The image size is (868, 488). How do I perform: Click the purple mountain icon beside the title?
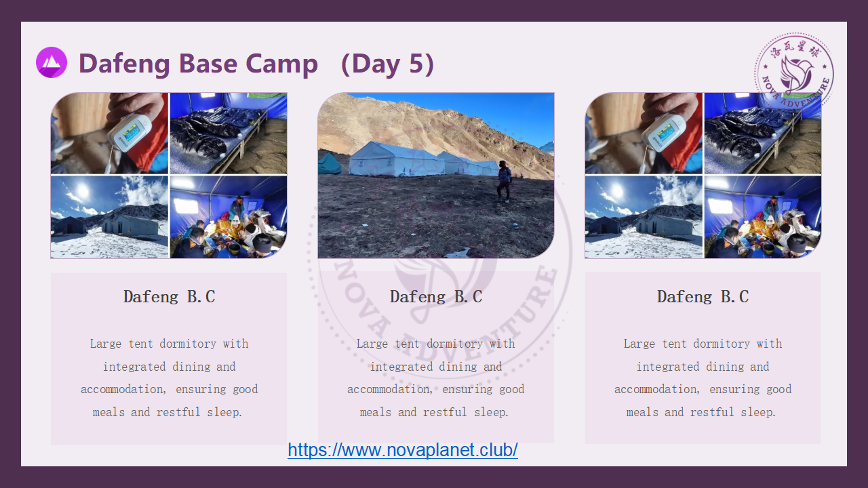tap(52, 62)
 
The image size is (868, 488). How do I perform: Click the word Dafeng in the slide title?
tap(124, 64)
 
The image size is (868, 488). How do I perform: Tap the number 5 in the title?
tap(416, 64)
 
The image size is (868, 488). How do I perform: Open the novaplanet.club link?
tap(403, 450)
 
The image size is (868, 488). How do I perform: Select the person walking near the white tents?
tap(504, 181)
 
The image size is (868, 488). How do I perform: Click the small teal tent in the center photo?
tap(329, 163)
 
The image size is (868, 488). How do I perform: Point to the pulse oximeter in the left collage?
tap(129, 132)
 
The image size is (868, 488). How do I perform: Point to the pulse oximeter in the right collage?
tap(663, 132)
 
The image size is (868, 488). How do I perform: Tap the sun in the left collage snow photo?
tap(82, 190)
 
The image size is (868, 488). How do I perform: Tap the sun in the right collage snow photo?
tap(616, 190)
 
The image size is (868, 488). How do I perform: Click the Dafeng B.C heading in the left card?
tap(170, 297)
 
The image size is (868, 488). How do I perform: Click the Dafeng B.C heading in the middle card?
tap(436, 297)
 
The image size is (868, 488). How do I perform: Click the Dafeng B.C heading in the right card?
tap(703, 297)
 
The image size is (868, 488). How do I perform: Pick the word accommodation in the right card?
tap(657, 389)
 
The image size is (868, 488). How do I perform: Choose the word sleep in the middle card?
tap(492, 412)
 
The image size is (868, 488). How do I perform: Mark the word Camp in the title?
tap(281, 64)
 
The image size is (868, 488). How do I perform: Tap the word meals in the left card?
tap(108, 412)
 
